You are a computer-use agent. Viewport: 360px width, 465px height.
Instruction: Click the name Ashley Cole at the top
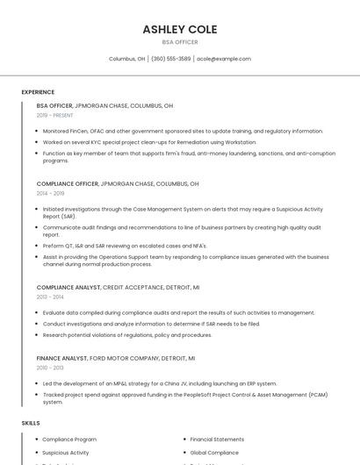179,29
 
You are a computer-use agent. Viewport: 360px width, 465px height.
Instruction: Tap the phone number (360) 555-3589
170,59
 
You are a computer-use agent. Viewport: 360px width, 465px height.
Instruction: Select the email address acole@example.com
224,59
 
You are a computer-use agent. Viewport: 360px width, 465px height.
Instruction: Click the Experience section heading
38,92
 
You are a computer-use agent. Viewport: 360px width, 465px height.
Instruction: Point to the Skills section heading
31,424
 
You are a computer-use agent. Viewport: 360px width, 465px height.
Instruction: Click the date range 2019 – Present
54,115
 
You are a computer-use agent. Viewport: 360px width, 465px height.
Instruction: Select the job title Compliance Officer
68,184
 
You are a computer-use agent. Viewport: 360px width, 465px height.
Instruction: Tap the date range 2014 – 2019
50,193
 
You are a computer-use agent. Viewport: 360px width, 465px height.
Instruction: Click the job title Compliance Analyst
68,287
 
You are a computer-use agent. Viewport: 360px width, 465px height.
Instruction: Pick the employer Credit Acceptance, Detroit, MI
151,287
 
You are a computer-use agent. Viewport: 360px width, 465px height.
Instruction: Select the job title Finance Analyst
61,358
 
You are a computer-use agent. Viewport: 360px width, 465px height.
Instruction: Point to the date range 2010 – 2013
50,368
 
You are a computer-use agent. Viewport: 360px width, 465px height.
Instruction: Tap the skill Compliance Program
69,439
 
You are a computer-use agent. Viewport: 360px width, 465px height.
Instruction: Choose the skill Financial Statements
217,439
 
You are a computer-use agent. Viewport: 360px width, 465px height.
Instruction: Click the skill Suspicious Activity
66,453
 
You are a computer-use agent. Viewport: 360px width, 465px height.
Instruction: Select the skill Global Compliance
214,453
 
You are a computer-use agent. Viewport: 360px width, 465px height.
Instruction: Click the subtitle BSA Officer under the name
179,42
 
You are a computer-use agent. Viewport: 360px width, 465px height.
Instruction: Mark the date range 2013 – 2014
50,297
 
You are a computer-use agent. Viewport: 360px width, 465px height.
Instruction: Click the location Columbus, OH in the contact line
127,59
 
